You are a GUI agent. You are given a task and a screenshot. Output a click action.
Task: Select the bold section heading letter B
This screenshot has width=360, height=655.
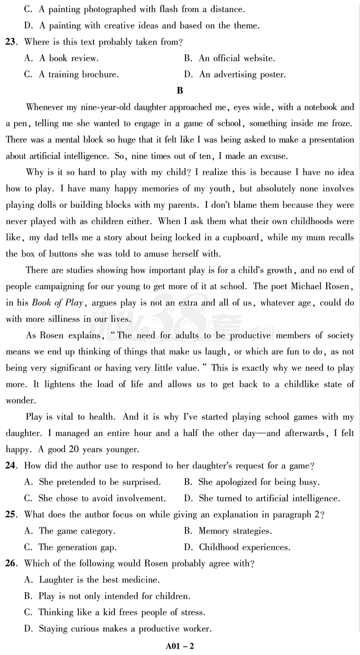pyautogui.click(x=180, y=91)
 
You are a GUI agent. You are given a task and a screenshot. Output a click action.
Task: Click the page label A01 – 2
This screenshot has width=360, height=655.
pyautogui.click(x=180, y=645)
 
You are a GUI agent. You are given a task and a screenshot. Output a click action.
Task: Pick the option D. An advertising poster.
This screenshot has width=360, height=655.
pyautogui.click(x=235, y=75)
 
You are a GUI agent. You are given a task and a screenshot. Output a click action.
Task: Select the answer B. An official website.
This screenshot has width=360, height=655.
pyautogui.click(x=230, y=58)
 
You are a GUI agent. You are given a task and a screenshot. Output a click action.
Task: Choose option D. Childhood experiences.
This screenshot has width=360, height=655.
pyautogui.click(x=237, y=547)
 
